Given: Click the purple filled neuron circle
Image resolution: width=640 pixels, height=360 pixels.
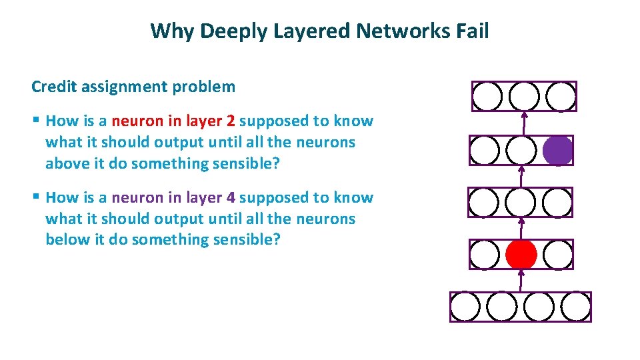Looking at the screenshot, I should tap(557, 150).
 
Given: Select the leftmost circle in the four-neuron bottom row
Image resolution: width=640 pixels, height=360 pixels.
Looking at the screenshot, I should tap(465, 307).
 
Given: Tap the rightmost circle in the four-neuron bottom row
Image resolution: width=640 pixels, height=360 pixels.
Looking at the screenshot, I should tap(575, 307).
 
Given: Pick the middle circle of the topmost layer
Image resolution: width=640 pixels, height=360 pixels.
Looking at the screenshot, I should tap(524, 97).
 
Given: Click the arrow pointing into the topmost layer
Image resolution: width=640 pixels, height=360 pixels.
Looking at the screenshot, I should tap(524, 123).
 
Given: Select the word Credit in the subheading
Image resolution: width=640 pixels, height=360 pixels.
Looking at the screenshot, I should tap(52, 87).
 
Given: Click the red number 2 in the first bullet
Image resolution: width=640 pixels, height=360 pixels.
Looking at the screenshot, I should tap(231, 121).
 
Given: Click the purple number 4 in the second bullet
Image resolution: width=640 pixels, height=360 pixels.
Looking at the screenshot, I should tap(231, 198).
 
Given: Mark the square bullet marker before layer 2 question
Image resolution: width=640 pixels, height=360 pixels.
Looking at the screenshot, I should tap(36, 121).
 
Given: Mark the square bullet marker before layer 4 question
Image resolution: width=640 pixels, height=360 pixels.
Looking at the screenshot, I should tap(36, 198).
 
